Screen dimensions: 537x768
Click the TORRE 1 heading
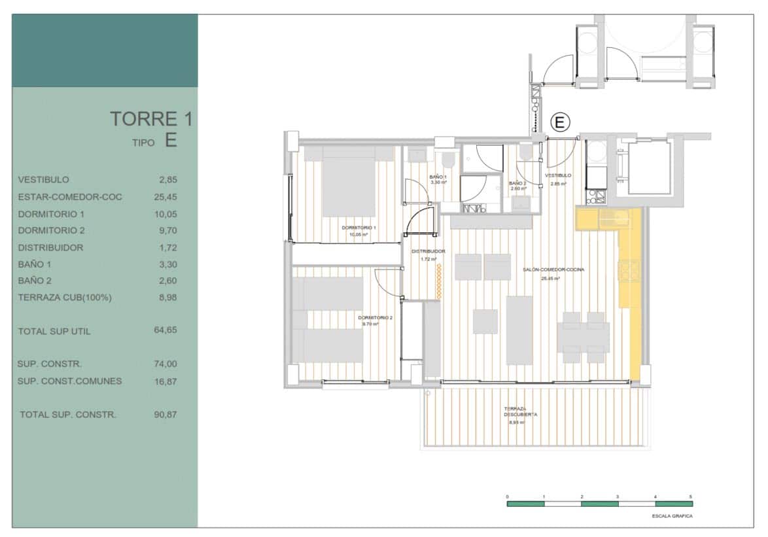[152, 119]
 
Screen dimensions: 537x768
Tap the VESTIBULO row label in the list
[44, 180]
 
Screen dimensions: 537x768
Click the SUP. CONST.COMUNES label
[70, 381]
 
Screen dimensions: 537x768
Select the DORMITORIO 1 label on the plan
[355, 228]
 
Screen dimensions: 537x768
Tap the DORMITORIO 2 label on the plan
[375, 318]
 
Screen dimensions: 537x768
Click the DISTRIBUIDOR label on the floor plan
[428, 251]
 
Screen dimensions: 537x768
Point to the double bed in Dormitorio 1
[349, 183]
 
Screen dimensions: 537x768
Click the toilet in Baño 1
[449, 160]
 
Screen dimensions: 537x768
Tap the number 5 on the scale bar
[690, 497]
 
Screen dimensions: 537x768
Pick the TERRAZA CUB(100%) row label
[65, 298]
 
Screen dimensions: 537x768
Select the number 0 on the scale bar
[508, 497]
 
